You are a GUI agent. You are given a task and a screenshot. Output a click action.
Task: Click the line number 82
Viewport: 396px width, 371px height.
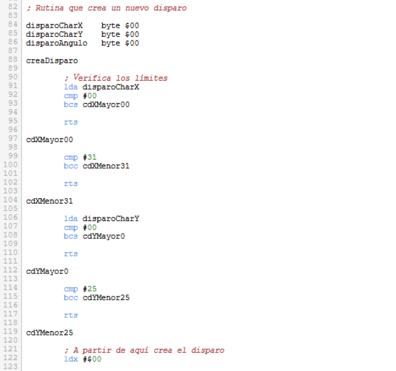click(x=12, y=8)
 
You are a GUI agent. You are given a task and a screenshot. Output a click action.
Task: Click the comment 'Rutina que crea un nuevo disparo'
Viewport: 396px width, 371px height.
click(x=109, y=8)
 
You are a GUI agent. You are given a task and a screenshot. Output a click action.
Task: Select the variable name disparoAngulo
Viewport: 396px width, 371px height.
click(x=56, y=43)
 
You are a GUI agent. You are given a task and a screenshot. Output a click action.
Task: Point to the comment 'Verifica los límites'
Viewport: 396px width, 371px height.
click(x=118, y=78)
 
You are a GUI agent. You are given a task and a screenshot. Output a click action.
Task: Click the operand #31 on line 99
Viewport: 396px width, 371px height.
click(x=90, y=157)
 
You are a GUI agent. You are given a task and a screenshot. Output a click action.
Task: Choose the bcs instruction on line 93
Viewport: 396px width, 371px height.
click(x=70, y=105)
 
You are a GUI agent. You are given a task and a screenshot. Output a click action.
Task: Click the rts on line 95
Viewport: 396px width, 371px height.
click(x=70, y=122)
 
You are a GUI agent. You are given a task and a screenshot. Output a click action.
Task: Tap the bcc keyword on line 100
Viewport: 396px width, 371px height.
click(x=70, y=166)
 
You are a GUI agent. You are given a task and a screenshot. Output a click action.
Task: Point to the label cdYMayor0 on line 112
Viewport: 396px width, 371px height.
click(x=47, y=271)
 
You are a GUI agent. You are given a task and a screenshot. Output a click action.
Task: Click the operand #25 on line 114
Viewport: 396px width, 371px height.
click(x=90, y=288)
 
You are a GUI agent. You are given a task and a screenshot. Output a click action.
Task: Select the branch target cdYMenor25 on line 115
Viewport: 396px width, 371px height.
click(x=106, y=298)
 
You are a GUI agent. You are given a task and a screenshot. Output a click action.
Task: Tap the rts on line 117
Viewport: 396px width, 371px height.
click(x=70, y=315)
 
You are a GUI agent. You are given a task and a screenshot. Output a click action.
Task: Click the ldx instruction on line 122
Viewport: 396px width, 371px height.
click(x=70, y=359)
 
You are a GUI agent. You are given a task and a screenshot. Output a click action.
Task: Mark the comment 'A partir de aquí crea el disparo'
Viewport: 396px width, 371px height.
click(x=147, y=350)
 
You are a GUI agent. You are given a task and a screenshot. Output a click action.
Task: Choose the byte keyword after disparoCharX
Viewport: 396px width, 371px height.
click(x=111, y=26)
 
